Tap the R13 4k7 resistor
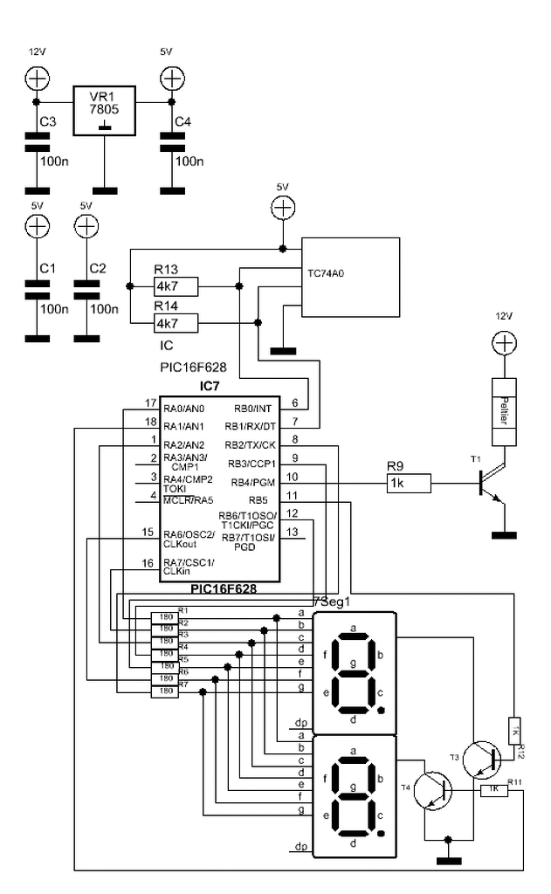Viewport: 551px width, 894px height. click(x=176, y=286)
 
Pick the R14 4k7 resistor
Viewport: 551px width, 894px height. click(x=176, y=324)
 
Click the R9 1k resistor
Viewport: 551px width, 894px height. click(x=409, y=482)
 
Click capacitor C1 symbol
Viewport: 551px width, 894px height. click(x=38, y=290)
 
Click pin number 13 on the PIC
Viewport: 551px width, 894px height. click(x=292, y=532)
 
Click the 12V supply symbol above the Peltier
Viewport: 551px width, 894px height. click(x=503, y=344)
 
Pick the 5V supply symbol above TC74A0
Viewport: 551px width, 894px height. click(x=281, y=208)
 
